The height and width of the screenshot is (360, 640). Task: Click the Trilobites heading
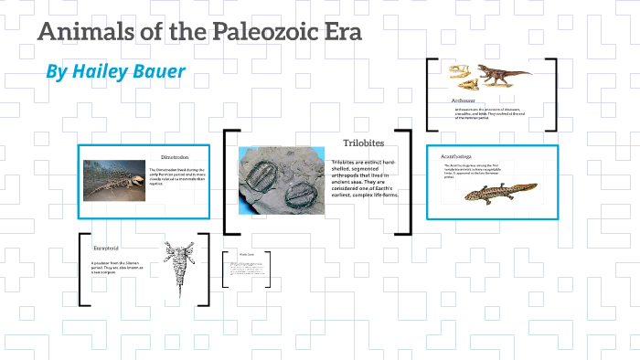click(362, 143)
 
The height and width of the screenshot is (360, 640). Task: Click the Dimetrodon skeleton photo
click(113, 181)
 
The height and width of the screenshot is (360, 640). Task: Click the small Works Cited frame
click(246, 270)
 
